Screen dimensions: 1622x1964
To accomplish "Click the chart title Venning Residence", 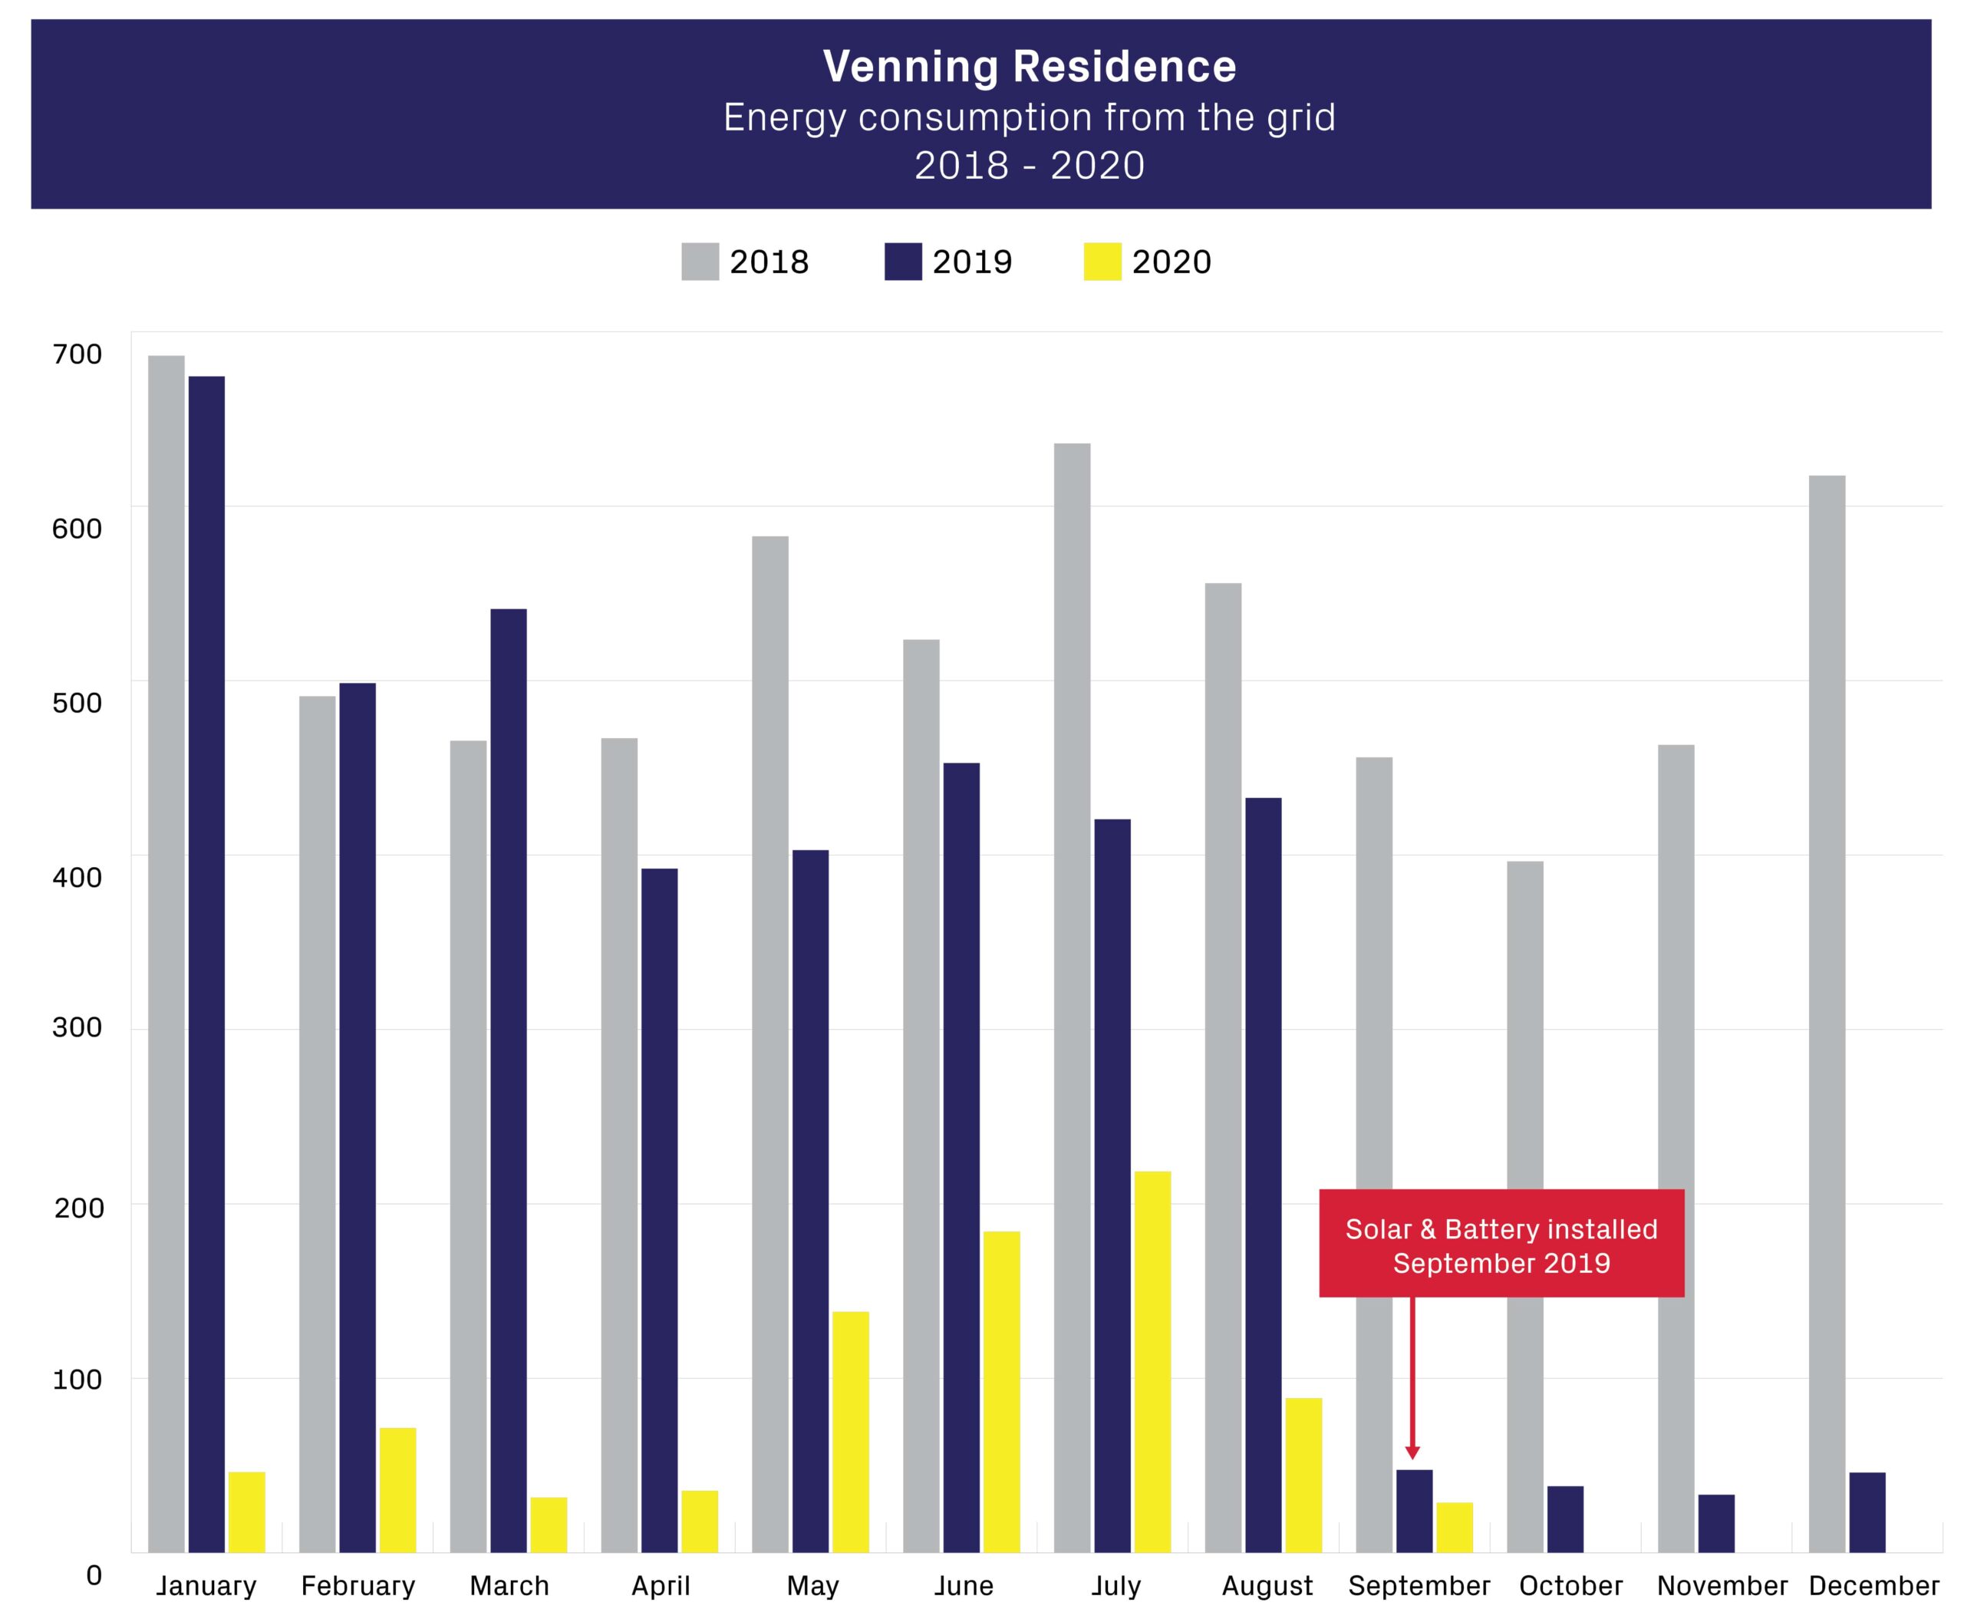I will [x=1029, y=66].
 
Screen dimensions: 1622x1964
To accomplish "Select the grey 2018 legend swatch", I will [x=700, y=262].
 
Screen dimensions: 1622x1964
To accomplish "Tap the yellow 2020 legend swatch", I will [x=1102, y=262].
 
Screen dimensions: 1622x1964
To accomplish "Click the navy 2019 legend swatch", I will [x=902, y=262].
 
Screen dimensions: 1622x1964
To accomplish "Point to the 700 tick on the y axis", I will [x=77, y=354].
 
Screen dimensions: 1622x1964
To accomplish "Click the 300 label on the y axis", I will [x=77, y=1028].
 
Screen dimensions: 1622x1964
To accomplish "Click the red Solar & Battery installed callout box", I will [x=1501, y=1244].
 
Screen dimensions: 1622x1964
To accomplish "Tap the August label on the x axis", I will [x=1267, y=1586].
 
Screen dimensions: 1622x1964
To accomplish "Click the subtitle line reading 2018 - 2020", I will [x=1029, y=166].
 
